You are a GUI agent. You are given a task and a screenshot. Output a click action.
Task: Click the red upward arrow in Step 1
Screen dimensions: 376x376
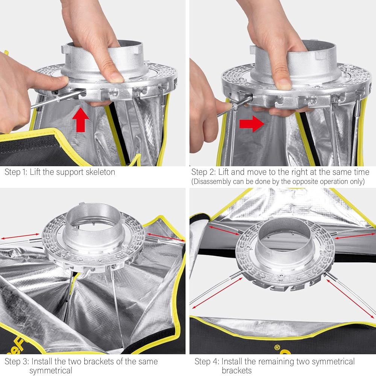pyautogui.click(x=81, y=120)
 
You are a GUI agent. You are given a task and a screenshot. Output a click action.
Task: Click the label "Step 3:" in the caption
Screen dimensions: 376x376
pyautogui.click(x=17, y=361)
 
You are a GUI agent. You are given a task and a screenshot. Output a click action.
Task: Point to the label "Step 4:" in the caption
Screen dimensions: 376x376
pyautogui.click(x=207, y=361)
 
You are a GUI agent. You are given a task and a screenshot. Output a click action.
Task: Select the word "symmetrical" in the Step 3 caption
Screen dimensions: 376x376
pyautogui.click(x=51, y=371)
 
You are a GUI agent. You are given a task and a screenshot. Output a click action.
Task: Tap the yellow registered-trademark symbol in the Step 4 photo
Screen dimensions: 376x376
pyautogui.click(x=277, y=347)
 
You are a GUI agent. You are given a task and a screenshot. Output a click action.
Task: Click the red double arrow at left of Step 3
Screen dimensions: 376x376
pyautogui.click(x=20, y=236)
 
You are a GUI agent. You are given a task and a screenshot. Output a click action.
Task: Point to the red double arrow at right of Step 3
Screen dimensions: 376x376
pyautogui.click(x=165, y=237)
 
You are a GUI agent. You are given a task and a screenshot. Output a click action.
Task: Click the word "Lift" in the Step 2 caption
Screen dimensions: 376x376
pyautogui.click(x=225, y=172)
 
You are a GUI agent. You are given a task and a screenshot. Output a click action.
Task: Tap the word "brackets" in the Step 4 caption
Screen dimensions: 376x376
pyautogui.click(x=237, y=371)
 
